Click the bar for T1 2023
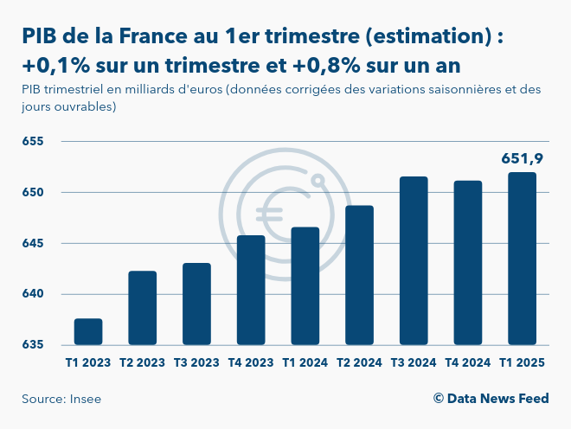88,332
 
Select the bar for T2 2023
143,308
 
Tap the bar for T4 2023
251,291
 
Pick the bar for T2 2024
359,275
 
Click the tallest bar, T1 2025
522,259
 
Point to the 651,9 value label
522,158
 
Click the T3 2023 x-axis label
196,363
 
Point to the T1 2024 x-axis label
305,363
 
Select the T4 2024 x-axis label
467,363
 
